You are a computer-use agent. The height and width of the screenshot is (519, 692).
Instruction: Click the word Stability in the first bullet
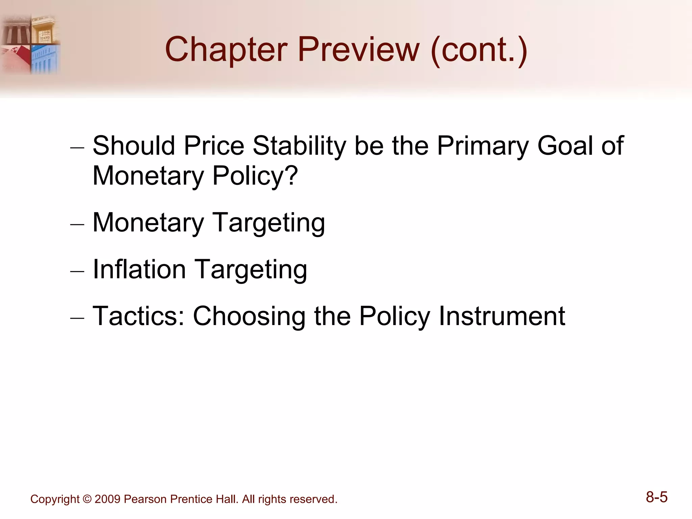(299, 146)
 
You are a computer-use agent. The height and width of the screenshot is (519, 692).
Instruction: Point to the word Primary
(482, 146)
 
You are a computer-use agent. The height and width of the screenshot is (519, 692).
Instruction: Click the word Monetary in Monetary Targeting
(148, 223)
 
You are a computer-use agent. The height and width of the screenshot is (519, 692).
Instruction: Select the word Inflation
(139, 269)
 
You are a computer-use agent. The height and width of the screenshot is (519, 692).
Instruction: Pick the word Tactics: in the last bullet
(139, 316)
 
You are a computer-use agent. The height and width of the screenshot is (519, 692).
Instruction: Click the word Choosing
(249, 316)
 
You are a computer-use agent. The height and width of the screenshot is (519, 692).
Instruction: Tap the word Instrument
(502, 316)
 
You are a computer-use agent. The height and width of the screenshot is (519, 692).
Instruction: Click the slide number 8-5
(657, 497)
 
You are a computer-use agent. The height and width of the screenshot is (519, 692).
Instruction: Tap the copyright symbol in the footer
(87, 499)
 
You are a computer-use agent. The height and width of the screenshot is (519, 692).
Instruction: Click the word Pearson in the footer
(145, 499)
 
